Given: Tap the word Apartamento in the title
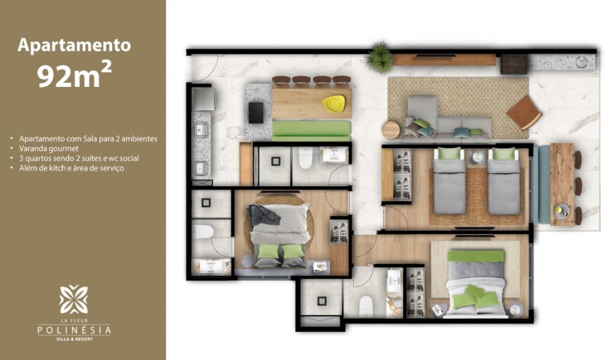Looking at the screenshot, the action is [x=74, y=45].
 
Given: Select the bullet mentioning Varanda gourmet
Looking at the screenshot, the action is [x=49, y=148].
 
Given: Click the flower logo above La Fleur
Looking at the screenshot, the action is [x=73, y=299].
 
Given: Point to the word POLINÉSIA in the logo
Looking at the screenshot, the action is [x=74, y=331].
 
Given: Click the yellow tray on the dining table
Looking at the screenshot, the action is [x=334, y=103].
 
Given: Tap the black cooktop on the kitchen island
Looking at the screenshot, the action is [x=256, y=113].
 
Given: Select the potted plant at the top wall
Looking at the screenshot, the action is [x=378, y=58].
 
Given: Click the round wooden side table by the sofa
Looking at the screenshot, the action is [x=390, y=130].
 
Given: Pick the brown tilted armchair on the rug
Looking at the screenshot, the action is [x=524, y=113].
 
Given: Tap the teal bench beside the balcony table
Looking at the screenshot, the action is [x=542, y=184].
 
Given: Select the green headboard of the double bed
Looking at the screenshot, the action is [x=476, y=256].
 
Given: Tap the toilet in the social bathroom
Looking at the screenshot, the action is [x=305, y=158].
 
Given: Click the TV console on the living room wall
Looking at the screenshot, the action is [x=444, y=60].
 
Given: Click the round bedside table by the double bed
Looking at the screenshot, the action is [x=516, y=309].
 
